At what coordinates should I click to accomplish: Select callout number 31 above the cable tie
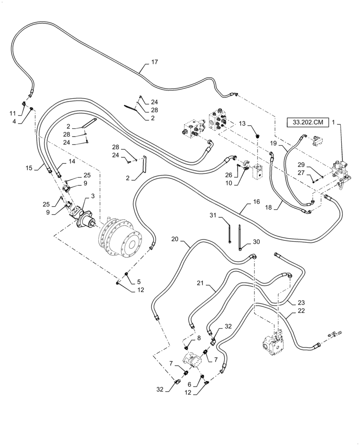pyautogui.click(x=213, y=215)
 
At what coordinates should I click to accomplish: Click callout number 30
pyautogui.click(x=256, y=242)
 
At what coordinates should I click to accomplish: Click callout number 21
pyautogui.click(x=200, y=283)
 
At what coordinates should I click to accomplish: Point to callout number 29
pyautogui.click(x=302, y=165)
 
